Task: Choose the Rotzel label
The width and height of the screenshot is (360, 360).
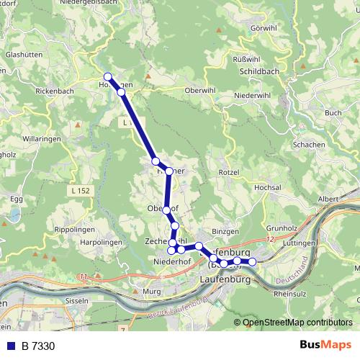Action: click(x=228, y=173)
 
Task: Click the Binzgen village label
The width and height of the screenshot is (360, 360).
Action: click(x=225, y=232)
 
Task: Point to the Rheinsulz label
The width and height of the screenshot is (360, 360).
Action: click(x=290, y=293)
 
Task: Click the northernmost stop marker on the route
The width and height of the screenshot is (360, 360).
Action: click(x=107, y=77)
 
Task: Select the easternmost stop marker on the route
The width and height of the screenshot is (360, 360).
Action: click(x=252, y=261)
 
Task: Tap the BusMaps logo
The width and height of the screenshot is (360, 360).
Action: click(x=325, y=346)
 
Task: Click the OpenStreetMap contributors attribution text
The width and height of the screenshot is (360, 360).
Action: click(x=297, y=323)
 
